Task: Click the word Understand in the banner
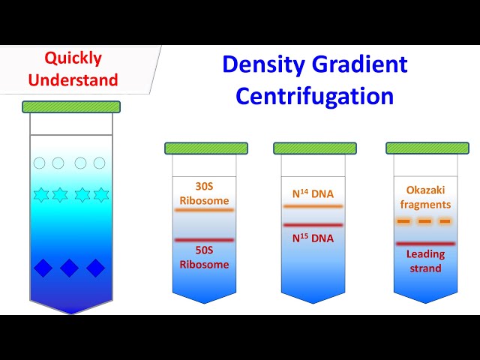click(x=80, y=79)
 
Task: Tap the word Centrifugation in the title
click(x=314, y=96)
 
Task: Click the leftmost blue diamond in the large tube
click(x=43, y=268)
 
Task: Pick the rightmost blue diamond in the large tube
click(x=95, y=268)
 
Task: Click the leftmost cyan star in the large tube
click(x=41, y=195)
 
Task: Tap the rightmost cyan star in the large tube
click(x=100, y=195)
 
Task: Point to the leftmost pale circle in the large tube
click(x=40, y=163)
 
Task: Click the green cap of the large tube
click(x=71, y=106)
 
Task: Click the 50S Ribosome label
click(x=204, y=257)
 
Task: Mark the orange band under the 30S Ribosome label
click(x=204, y=210)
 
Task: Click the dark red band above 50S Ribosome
click(x=204, y=240)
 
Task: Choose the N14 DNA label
click(x=313, y=193)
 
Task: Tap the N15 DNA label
click(x=313, y=238)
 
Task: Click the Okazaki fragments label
click(x=424, y=197)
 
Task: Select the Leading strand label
click(x=425, y=261)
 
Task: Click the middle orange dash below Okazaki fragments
click(x=424, y=221)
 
